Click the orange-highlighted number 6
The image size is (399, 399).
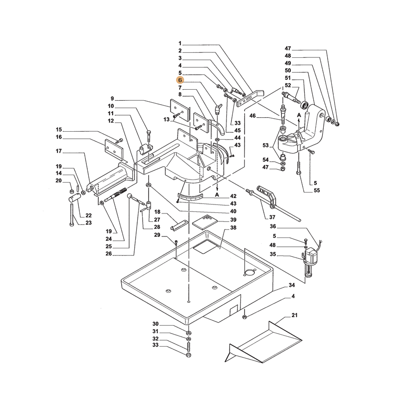[180, 80]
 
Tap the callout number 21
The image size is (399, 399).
[294, 316]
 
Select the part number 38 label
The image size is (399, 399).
[233, 228]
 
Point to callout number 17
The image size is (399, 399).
[58, 151]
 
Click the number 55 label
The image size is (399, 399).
[317, 191]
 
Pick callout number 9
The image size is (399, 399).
[112, 98]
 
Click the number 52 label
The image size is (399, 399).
[288, 85]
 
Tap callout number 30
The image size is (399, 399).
[155, 324]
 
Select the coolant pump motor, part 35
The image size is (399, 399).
[312, 256]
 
